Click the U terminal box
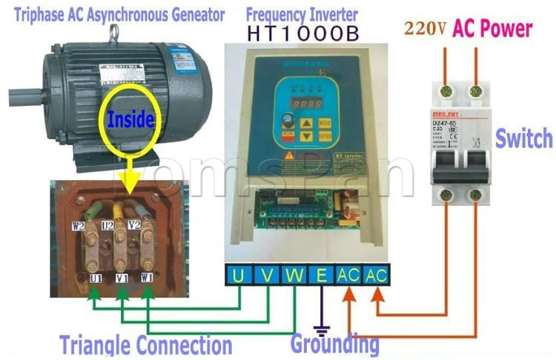[238, 275]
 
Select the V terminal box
[266, 275]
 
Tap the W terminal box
[294, 275]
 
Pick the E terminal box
[322, 275]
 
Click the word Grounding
[334, 344]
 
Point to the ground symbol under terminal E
[321, 327]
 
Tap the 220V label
[425, 29]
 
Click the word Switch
[524, 139]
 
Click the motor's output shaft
[22, 96]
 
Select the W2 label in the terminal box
[78, 226]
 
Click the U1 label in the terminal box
[96, 279]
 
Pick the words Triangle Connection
[145, 345]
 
